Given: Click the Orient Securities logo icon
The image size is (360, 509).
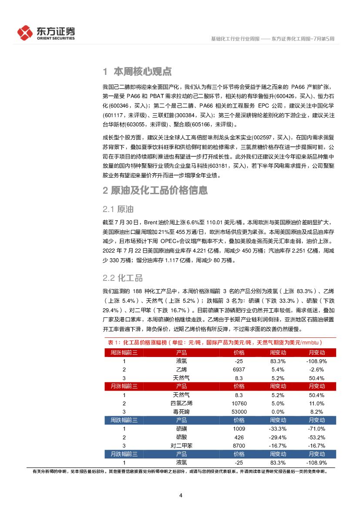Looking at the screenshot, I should [x=25, y=32].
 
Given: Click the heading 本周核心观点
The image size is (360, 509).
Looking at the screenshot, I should [x=142, y=71].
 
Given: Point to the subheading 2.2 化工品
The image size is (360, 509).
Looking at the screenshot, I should [x=122, y=278].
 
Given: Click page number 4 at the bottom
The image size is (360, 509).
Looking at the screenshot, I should [x=180, y=495].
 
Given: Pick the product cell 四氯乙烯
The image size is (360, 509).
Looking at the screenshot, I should [x=182, y=403].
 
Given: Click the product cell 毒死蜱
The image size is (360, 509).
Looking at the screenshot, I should [x=182, y=411].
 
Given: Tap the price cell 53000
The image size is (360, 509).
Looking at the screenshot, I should [x=239, y=411].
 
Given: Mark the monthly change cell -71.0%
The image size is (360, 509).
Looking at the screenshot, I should [x=316, y=429].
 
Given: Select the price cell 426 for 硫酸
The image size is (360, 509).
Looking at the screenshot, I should [x=239, y=437].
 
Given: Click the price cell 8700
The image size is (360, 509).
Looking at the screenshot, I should [x=239, y=445].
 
